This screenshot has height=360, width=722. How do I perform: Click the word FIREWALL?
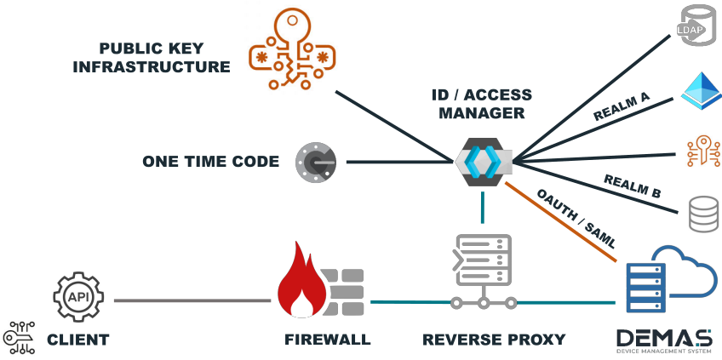(x=328, y=340)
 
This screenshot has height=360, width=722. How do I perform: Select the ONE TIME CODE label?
(x=210, y=161)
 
